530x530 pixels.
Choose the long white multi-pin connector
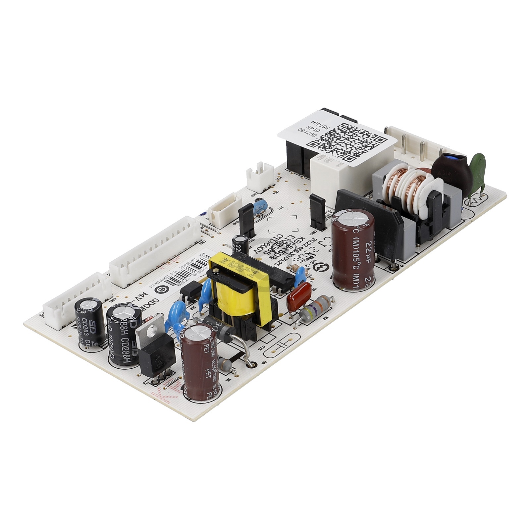point(155,252)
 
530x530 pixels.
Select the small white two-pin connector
point(260,175)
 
